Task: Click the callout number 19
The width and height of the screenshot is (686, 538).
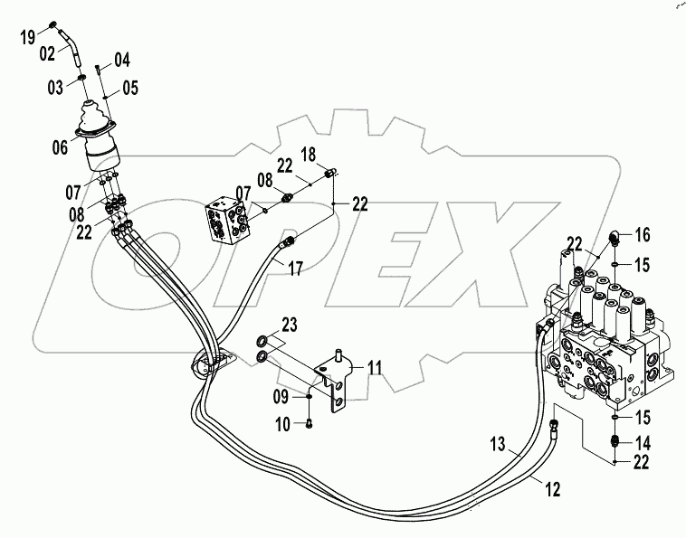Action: [x=27, y=37]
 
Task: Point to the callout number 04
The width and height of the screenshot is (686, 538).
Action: [x=122, y=61]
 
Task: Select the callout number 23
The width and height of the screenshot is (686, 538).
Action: [x=288, y=326]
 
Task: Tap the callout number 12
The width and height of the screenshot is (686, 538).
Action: [x=552, y=489]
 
